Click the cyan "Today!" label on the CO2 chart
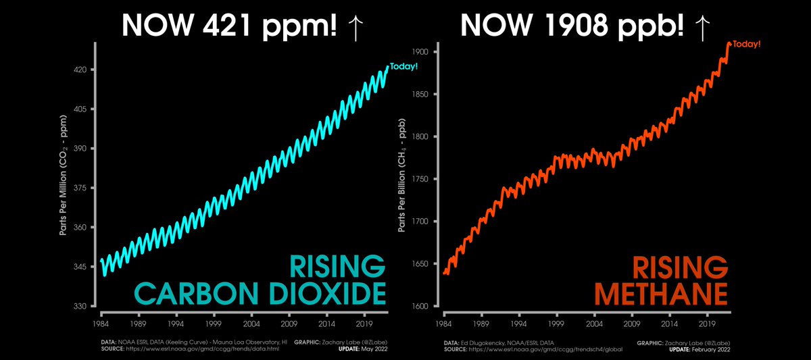[404, 66]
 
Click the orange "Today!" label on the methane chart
[747, 44]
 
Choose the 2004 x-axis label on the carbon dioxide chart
[251, 315]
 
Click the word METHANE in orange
[660, 294]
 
